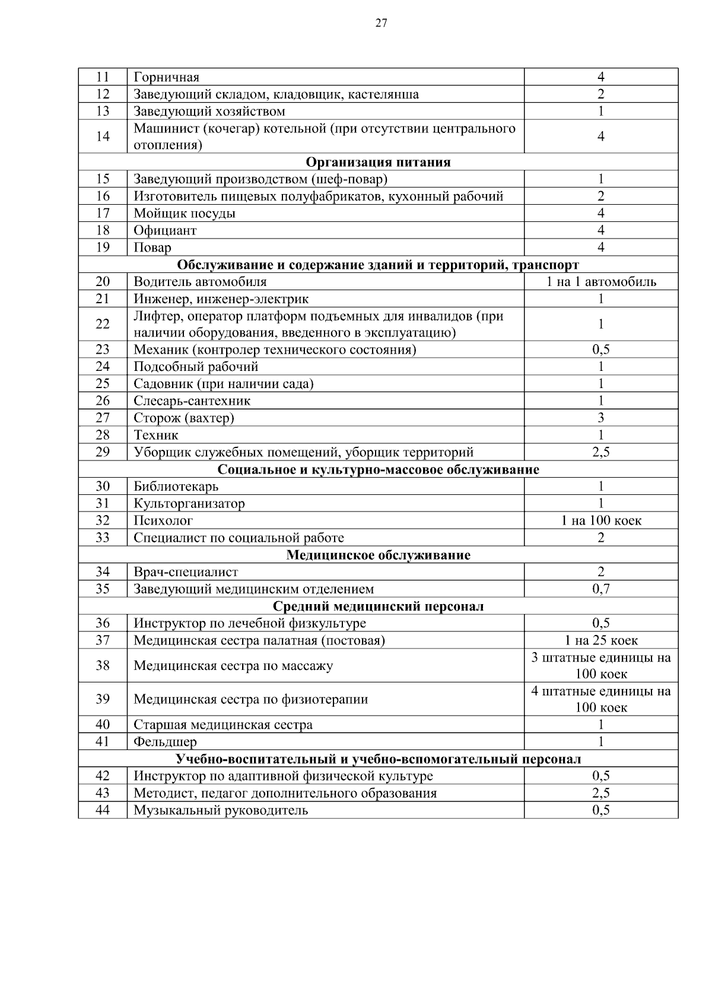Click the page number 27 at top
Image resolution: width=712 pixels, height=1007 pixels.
pyautogui.click(x=381, y=23)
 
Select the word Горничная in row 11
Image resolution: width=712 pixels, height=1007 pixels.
pyautogui.click(x=166, y=77)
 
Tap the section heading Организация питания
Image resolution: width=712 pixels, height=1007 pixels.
pyautogui.click(x=378, y=162)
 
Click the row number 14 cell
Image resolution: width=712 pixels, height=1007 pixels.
pyautogui.click(x=103, y=136)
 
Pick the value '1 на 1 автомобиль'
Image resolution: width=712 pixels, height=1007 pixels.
pyautogui.click(x=601, y=282)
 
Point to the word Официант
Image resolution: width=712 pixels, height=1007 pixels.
pyautogui.click(x=165, y=230)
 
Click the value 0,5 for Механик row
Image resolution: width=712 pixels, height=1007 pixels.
pyautogui.click(x=601, y=350)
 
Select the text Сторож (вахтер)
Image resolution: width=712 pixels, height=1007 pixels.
pyautogui.click(x=184, y=418)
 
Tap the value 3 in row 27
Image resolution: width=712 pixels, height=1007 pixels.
pyautogui.click(x=601, y=418)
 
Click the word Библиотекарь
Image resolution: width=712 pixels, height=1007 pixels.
pyautogui.click(x=176, y=487)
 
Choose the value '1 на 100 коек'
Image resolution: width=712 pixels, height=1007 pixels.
pyautogui.click(x=601, y=521)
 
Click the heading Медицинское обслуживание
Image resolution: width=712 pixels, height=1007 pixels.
pyautogui.click(x=378, y=555)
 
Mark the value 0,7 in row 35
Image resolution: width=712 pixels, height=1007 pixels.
pyautogui.click(x=601, y=589)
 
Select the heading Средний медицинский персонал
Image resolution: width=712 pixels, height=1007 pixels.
pyautogui.click(x=378, y=606)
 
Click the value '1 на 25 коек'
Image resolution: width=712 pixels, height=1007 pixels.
pyautogui.click(x=601, y=640)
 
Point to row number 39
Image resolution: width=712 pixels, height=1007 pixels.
pyautogui.click(x=103, y=699)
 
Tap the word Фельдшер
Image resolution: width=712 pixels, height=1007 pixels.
pyautogui.click(x=165, y=742)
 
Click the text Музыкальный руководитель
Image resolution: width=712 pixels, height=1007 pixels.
pyautogui.click(x=221, y=810)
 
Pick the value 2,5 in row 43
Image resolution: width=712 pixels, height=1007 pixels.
pyautogui.click(x=601, y=793)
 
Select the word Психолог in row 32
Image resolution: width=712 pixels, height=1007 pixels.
pyautogui.click(x=163, y=521)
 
